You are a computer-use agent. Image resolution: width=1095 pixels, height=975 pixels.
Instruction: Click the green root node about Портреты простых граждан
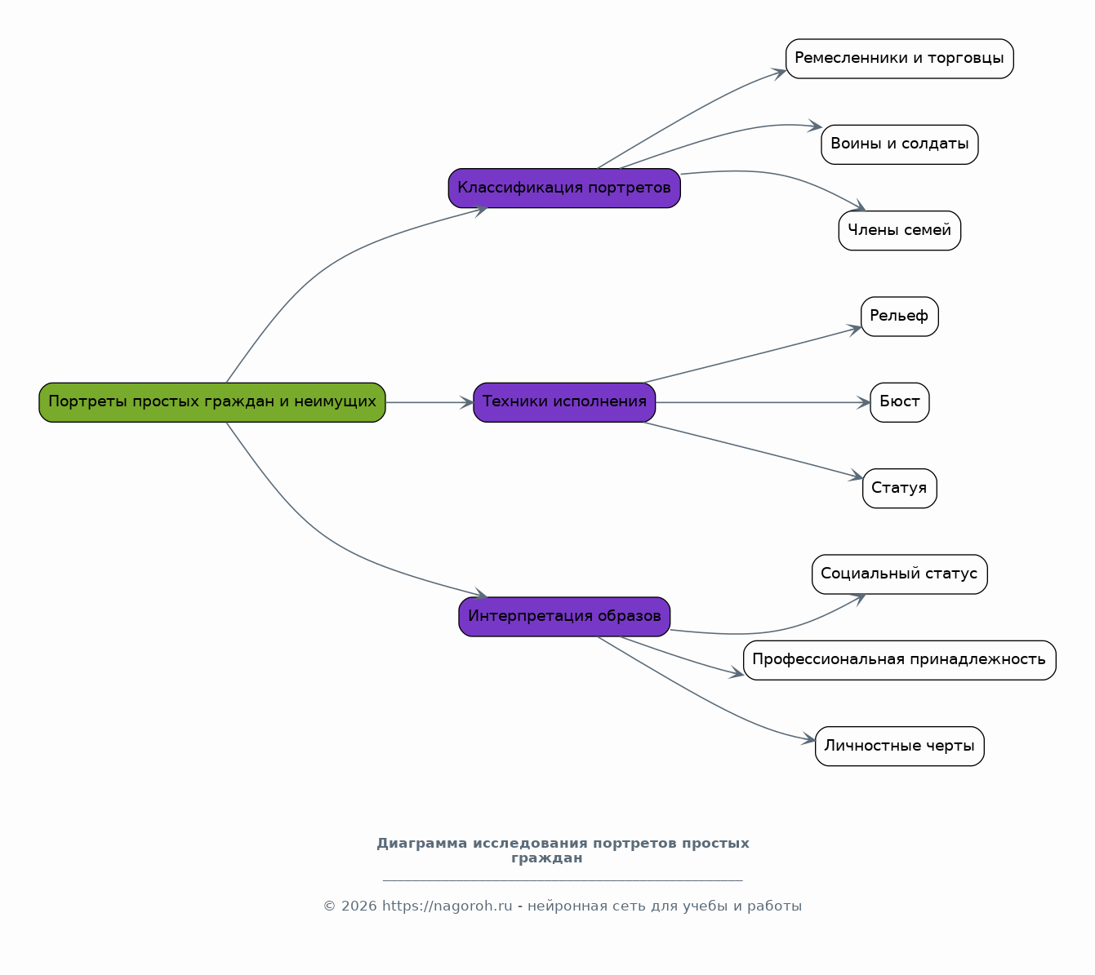tap(211, 402)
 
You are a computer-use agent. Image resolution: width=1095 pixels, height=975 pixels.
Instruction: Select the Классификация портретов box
tap(564, 188)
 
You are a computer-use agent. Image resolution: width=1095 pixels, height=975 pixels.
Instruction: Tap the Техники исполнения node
tap(564, 402)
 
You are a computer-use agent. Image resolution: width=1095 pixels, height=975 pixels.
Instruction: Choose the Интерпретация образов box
tap(564, 617)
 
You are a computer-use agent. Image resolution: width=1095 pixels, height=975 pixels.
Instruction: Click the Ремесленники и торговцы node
tap(899, 59)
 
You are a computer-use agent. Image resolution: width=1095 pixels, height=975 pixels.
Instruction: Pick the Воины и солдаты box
tap(899, 144)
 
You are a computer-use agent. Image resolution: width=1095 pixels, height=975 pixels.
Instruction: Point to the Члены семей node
tap(899, 231)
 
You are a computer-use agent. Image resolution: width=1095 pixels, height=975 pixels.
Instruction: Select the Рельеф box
tap(899, 317)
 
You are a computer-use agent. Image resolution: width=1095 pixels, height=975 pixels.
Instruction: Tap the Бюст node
tap(899, 402)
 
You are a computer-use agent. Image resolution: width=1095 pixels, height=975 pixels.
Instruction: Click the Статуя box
tap(899, 488)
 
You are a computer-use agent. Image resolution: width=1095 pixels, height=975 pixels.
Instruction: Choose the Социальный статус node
tap(899, 574)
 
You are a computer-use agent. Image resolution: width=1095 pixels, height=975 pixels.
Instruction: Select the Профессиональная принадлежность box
tap(899, 660)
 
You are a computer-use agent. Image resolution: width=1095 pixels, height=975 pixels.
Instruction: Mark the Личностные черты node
tap(899, 746)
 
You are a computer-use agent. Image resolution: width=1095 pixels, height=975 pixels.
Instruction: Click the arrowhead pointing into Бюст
tap(864, 402)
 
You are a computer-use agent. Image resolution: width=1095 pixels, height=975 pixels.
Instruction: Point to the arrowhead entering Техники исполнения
tap(467, 402)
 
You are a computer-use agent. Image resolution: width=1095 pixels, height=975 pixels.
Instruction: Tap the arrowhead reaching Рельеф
tap(855, 329)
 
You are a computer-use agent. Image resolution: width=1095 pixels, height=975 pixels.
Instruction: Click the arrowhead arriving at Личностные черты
tap(809, 739)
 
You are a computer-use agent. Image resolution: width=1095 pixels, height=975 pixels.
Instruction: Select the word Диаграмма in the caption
tap(421, 844)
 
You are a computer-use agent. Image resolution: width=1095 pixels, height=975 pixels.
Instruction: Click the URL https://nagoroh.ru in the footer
tap(447, 906)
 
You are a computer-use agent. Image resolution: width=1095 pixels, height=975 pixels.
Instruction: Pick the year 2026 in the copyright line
tap(358, 906)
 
